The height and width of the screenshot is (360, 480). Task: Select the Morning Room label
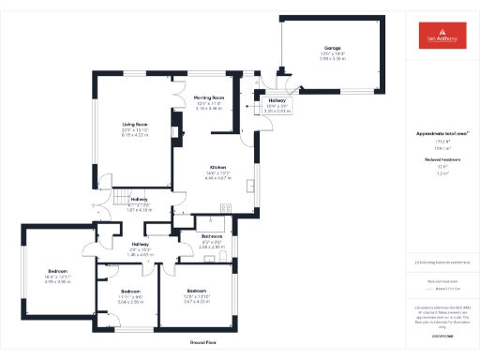click(x=209, y=97)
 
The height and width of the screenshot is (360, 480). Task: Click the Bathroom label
click(x=211, y=235)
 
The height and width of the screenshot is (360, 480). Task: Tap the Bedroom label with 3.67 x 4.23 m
click(x=196, y=291)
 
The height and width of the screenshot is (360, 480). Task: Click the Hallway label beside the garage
click(x=277, y=100)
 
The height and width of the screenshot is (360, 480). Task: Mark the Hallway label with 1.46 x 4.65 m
click(x=139, y=244)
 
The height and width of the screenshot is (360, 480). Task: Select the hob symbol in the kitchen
click(x=225, y=207)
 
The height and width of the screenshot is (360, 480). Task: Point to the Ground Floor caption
click(x=203, y=343)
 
